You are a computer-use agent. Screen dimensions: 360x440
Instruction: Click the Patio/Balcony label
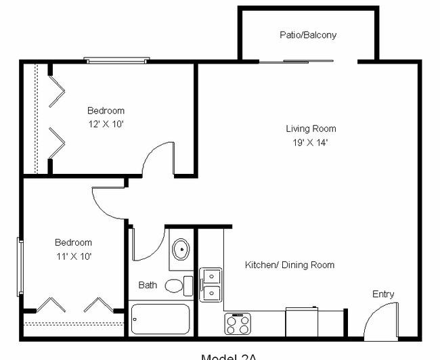click(308, 35)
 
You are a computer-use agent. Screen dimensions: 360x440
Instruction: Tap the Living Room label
click(310, 129)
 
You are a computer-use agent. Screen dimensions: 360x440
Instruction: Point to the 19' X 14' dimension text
click(310, 143)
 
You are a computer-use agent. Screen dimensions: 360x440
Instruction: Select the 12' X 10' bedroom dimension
click(106, 125)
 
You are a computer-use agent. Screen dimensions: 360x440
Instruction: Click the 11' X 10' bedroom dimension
click(73, 256)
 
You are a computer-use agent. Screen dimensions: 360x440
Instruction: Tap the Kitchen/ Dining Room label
click(289, 265)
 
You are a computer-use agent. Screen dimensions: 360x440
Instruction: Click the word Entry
click(383, 294)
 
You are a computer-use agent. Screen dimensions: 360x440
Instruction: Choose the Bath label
click(148, 286)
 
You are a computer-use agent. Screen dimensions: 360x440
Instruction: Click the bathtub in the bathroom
click(160, 319)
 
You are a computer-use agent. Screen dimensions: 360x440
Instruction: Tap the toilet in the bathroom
click(178, 286)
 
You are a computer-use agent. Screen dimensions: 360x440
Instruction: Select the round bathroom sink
click(181, 250)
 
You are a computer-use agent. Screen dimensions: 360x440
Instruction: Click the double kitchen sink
click(211, 284)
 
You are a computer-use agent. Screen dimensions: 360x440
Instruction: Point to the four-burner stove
click(238, 324)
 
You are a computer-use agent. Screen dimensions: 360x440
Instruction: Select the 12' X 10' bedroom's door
click(158, 160)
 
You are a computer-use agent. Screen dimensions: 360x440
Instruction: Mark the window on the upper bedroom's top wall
click(116, 60)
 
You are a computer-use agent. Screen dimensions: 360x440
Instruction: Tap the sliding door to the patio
click(296, 62)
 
